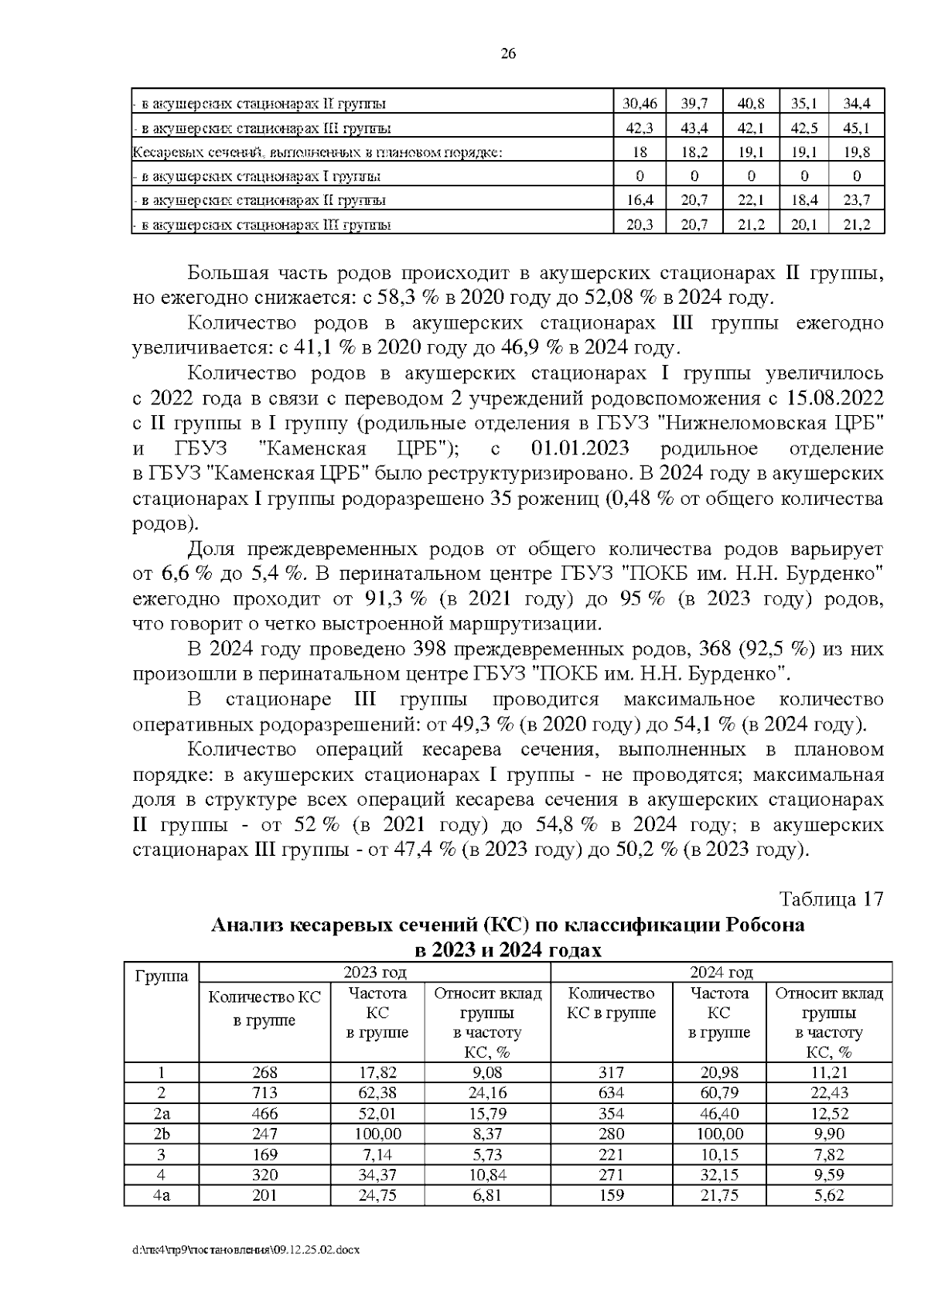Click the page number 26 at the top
[508, 53]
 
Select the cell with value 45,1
[856, 128]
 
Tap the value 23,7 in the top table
[856, 199]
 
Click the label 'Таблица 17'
[831, 899]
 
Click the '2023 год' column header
[374, 972]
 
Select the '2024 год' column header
[721, 972]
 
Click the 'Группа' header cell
[162, 976]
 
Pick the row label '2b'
[162, 1133]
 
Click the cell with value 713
[264, 1092]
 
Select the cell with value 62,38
[377, 1092]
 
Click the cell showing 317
[611, 1072]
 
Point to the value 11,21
[829, 1072]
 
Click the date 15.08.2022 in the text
[834, 399]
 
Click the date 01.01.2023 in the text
[580, 448]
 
